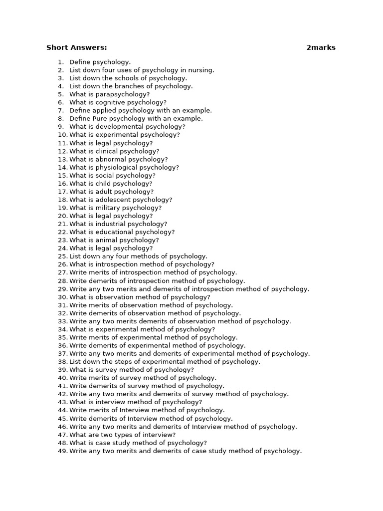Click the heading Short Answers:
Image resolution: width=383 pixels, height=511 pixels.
76,48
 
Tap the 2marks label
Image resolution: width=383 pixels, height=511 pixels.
321,48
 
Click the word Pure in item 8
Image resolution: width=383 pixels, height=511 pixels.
100,119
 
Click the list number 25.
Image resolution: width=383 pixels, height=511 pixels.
62,256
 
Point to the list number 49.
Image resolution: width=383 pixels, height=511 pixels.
62,451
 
